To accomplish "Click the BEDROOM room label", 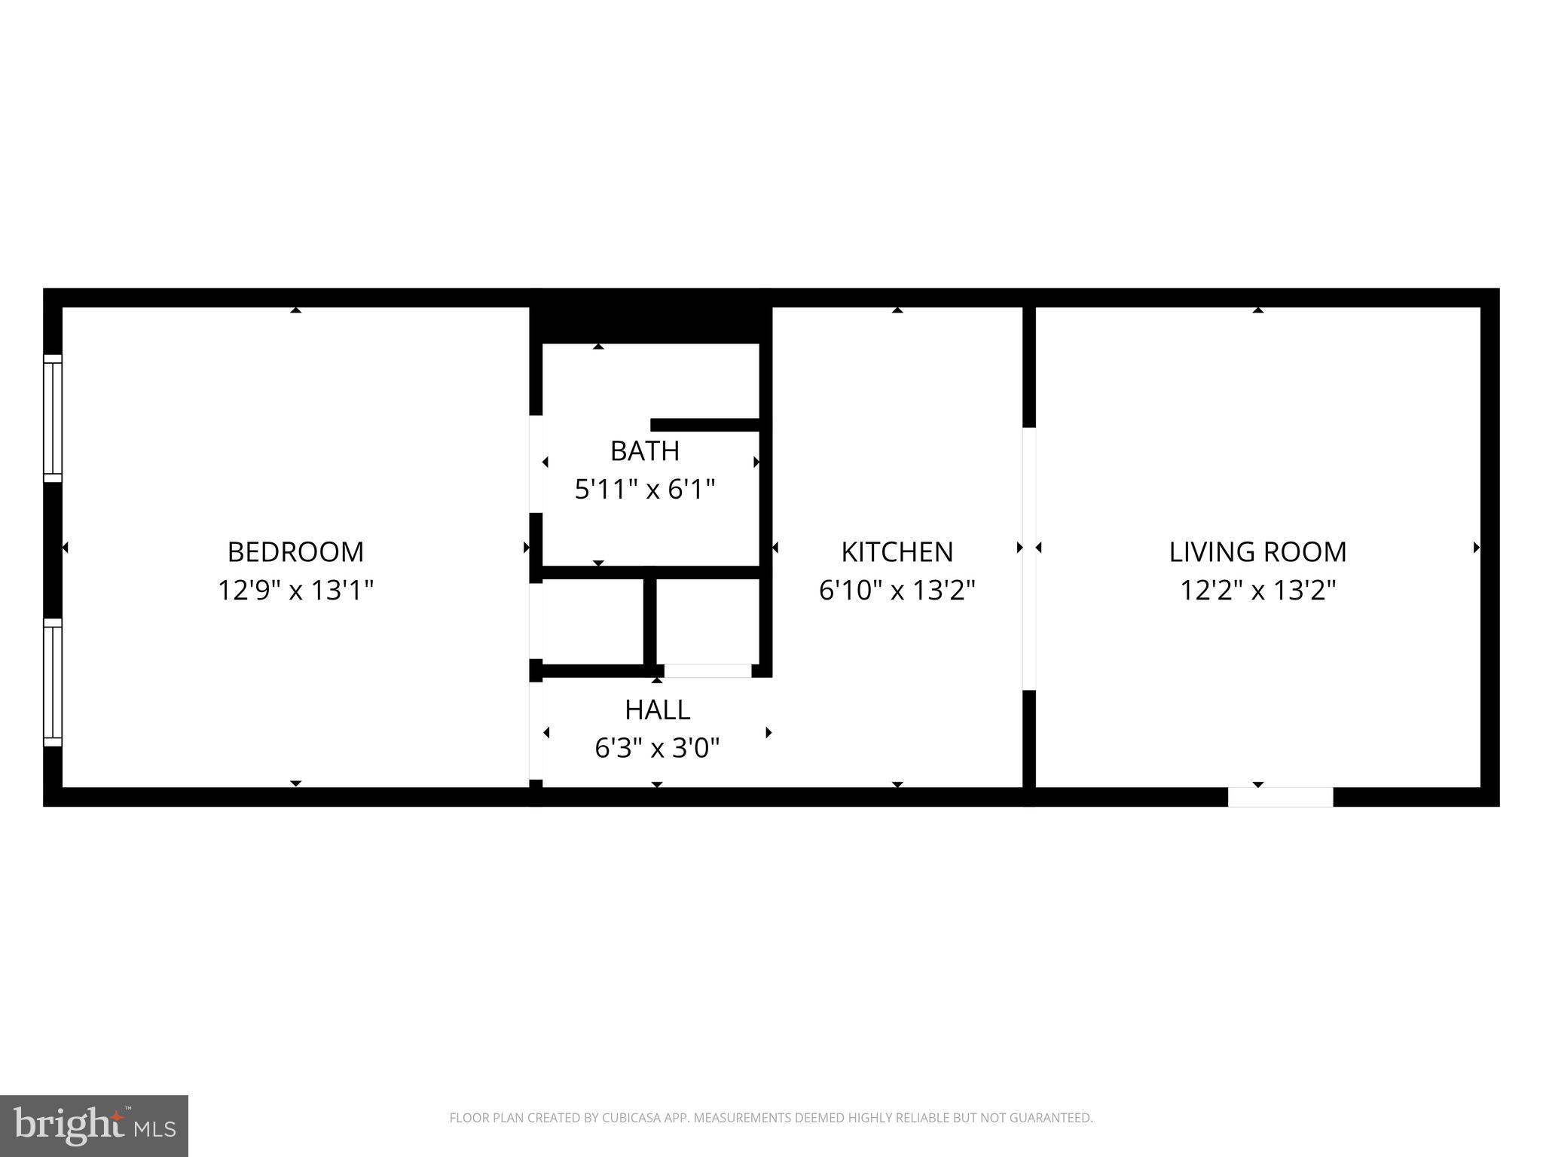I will [x=295, y=551].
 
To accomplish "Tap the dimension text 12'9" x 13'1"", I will [x=295, y=590].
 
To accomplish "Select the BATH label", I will [x=645, y=450].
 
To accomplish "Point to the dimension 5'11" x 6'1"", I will [x=645, y=490].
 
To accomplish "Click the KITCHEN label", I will [x=897, y=551].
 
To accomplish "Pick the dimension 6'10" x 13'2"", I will [x=897, y=590].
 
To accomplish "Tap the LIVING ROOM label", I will [x=1257, y=551].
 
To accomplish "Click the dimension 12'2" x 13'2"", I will [x=1257, y=590].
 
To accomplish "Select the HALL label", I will [x=657, y=710].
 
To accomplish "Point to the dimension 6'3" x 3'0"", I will [x=657, y=748].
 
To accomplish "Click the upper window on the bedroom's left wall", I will [x=52, y=418].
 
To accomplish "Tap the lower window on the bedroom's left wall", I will [x=52, y=682].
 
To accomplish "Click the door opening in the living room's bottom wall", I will [x=1280, y=797].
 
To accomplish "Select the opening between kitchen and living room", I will [x=1028, y=558].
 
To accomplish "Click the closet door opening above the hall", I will [x=707, y=670].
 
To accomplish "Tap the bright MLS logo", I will [x=93, y=1125].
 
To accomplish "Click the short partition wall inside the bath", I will [x=704, y=425].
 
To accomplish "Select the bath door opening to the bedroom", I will [x=536, y=463].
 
